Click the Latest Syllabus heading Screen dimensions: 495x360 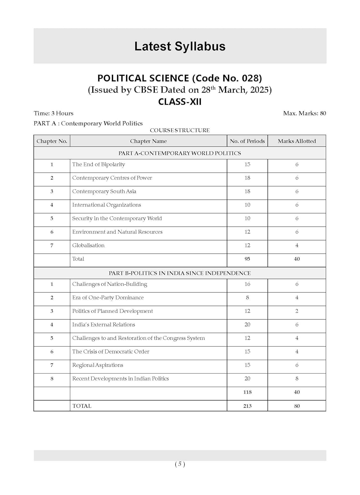(180, 46)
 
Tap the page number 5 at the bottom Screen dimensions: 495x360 (180, 464)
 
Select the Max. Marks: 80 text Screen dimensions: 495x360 (304, 113)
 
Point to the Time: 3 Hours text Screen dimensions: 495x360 (53, 113)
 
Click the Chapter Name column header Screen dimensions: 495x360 (148, 141)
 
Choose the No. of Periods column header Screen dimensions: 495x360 (247, 141)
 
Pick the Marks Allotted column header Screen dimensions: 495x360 (297, 141)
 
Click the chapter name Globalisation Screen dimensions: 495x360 (88, 245)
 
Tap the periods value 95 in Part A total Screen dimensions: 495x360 (247, 259)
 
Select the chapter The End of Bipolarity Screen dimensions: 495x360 (99, 164)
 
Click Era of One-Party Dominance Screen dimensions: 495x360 (108, 297)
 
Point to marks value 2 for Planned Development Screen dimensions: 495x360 (297, 311)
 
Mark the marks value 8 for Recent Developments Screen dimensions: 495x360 (297, 379)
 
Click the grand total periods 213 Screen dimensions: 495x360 (247, 406)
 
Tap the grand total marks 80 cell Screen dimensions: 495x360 (297, 406)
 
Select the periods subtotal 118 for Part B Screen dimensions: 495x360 (247, 392)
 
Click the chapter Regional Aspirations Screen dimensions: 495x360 (98, 365)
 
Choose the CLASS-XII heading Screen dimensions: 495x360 (180, 101)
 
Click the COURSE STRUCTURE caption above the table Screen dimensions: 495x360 (180, 130)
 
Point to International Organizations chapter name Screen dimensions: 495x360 (107, 205)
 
